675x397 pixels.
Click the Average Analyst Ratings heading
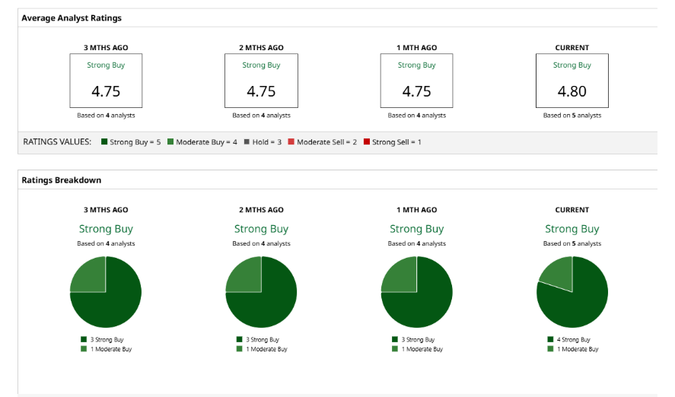[72, 17]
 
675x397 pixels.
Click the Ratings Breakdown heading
[62, 180]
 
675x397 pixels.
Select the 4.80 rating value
[572, 91]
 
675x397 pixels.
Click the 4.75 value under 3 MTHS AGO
[106, 91]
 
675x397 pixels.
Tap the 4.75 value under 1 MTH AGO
[416, 91]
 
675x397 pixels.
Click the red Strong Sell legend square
[367, 142]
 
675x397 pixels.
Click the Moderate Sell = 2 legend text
[326, 142]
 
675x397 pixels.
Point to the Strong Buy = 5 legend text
[135, 142]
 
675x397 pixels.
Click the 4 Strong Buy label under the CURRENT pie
[575, 340]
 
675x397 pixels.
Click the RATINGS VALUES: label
[57, 142]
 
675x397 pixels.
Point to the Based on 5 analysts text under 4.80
[572, 116]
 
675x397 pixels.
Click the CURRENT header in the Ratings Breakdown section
[572, 210]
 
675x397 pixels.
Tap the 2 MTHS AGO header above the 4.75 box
[261, 48]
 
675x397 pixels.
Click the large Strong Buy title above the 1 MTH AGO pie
[416, 229]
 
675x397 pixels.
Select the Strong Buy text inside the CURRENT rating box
[572, 65]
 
